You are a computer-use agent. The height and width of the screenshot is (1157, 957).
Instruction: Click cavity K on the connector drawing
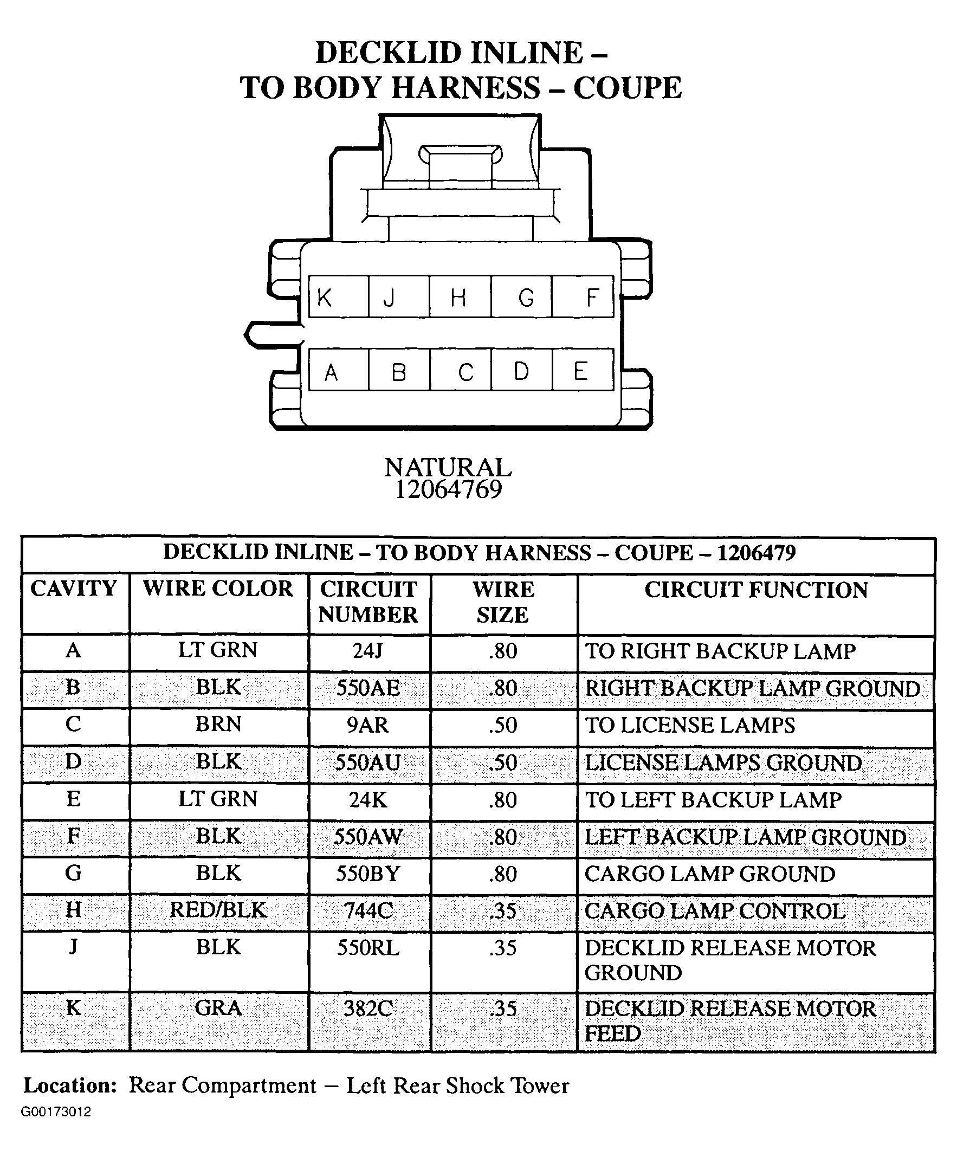click(x=338, y=297)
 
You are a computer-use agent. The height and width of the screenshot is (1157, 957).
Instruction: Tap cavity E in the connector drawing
click(x=583, y=370)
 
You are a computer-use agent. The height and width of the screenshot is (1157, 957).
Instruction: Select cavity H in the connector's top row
click(x=460, y=297)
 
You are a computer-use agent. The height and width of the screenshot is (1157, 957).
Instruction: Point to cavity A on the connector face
click(x=338, y=370)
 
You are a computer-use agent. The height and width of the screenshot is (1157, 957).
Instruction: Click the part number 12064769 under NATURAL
click(x=449, y=490)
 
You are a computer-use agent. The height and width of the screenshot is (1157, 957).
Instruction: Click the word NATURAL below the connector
click(x=448, y=468)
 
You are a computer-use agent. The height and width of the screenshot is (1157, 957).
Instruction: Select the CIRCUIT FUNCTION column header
click(x=755, y=590)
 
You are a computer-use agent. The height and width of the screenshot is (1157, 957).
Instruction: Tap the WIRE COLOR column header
click(x=218, y=589)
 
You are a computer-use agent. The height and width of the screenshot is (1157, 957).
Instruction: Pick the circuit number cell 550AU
click(x=368, y=762)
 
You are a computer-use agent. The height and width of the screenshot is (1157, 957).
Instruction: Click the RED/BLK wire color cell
click(x=218, y=910)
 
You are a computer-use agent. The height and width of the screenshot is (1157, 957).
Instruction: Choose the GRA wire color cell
click(x=218, y=1008)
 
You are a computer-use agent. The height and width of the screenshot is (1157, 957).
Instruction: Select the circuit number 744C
click(x=368, y=911)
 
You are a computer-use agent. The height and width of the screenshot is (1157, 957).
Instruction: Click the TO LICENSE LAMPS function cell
click(x=690, y=726)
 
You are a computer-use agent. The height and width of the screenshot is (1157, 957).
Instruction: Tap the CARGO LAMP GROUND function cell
click(x=710, y=874)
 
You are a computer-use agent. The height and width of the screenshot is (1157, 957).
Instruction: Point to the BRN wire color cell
click(x=218, y=725)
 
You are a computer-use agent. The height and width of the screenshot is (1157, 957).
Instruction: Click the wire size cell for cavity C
click(x=503, y=726)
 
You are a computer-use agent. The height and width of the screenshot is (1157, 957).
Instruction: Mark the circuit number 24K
click(x=368, y=800)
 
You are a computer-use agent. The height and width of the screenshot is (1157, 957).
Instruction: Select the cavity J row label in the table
click(x=73, y=947)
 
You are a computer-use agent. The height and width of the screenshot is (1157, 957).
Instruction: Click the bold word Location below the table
click(x=70, y=1086)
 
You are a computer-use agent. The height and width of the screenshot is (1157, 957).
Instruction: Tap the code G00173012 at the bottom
click(x=56, y=1112)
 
